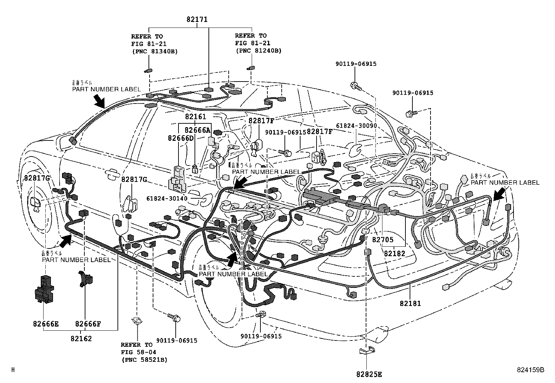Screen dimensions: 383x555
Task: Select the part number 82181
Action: (410, 303)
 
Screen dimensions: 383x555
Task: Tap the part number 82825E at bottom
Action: (369, 374)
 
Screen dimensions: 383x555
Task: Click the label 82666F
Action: (88, 324)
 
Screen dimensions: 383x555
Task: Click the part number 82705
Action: (382, 239)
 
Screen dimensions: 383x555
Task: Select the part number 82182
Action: (395, 253)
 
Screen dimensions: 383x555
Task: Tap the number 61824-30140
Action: (167, 198)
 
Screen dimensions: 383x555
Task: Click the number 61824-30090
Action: (356, 125)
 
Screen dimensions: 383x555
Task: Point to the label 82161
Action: (196, 117)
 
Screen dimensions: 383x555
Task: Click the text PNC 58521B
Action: (144, 359)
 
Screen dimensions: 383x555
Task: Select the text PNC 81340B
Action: (154, 51)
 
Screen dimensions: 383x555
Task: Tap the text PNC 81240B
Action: (258, 50)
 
